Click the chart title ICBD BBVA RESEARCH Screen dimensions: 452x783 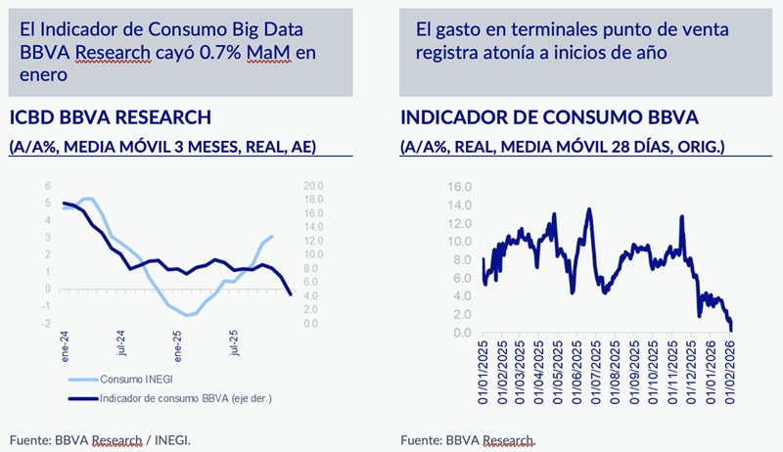pyautogui.click(x=110, y=118)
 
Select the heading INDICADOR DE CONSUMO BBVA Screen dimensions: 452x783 pyautogui.click(x=549, y=118)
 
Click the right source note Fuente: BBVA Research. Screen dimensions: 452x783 pyautogui.click(x=470, y=439)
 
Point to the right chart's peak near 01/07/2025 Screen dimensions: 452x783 pyautogui.click(x=589, y=208)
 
